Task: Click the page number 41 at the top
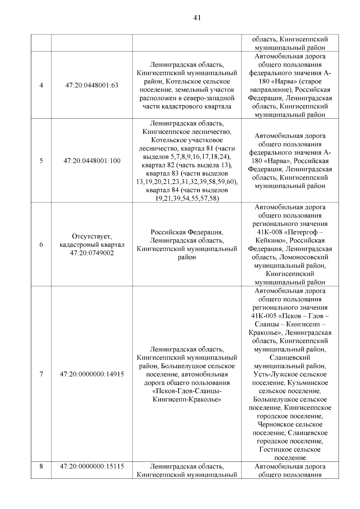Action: tap(197, 18)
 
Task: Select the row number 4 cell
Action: tap(41, 85)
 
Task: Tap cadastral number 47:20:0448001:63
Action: tap(92, 85)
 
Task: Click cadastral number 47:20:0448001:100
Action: tap(92, 161)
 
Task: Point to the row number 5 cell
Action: tap(41, 161)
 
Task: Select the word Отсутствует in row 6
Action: tap(92, 236)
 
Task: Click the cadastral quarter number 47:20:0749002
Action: tap(92, 253)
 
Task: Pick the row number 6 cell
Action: tap(41, 245)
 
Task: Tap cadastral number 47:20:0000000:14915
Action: tap(92, 374)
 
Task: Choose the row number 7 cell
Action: tap(41, 374)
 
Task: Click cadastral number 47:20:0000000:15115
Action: tap(92, 466)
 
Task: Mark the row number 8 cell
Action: tap(41, 466)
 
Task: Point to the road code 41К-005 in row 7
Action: tap(263, 316)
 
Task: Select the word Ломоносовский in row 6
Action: tap(303, 257)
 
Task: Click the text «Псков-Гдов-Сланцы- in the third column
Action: tap(187, 391)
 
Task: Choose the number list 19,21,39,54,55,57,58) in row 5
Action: tap(187, 199)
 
